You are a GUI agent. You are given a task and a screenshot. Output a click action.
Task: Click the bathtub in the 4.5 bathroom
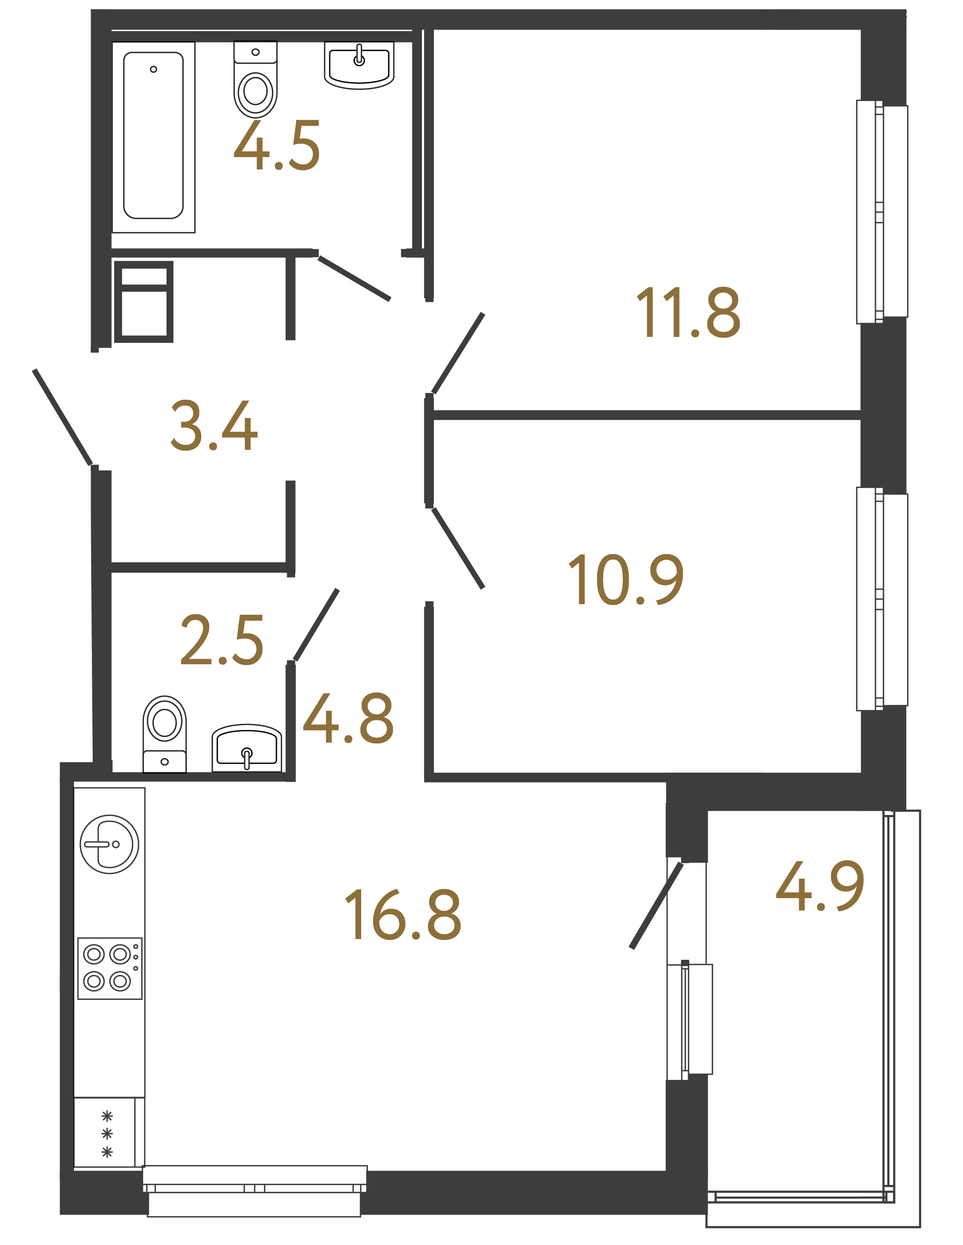coord(154,137)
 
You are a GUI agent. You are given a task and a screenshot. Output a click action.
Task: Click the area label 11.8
coord(688,313)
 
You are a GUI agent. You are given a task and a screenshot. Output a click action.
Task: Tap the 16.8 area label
coord(403,914)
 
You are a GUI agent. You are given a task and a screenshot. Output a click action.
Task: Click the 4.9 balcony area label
coord(819,887)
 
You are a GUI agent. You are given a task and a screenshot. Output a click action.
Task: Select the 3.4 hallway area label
coord(214,426)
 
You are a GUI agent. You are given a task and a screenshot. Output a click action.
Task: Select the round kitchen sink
coord(109,844)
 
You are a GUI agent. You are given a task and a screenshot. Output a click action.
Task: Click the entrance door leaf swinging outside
coord(63,417)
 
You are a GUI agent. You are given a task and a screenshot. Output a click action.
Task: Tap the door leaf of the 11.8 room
coord(458,354)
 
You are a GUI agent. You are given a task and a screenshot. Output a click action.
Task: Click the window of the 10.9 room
coord(881,599)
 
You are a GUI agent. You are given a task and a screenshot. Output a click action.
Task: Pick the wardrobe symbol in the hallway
coord(144,302)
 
